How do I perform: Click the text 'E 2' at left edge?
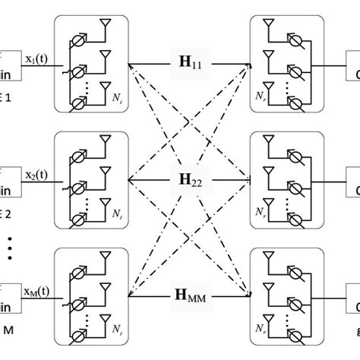(x=6, y=214)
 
